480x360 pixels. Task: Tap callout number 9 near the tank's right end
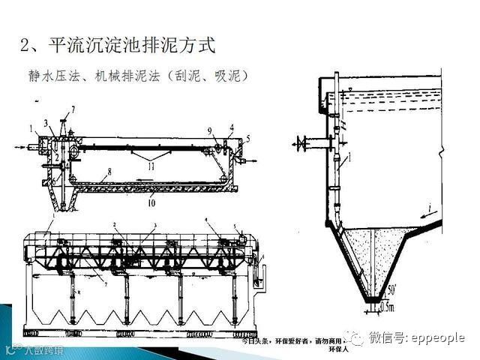[x=211, y=130]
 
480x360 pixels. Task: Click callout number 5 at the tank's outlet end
[x=248, y=138]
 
